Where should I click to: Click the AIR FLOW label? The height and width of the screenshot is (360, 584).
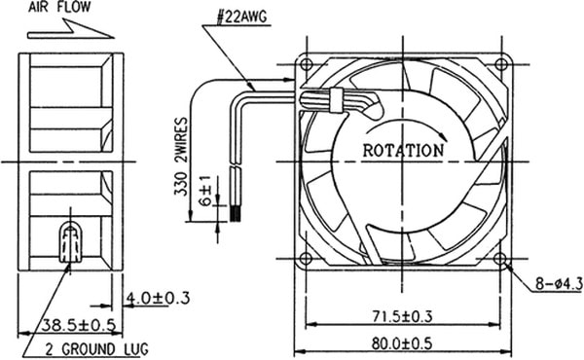pyautogui.click(x=59, y=7)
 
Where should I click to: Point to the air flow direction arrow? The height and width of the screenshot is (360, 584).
pyautogui.click(x=71, y=30)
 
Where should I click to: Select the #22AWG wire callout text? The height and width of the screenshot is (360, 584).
pyautogui.click(x=241, y=17)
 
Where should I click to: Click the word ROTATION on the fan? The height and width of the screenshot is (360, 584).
pyautogui.click(x=403, y=151)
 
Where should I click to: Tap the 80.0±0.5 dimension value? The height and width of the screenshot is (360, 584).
pyautogui.click(x=402, y=343)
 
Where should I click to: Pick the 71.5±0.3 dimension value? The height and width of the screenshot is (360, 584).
pyautogui.click(x=403, y=316)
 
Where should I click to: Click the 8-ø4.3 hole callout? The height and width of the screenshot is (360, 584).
pyautogui.click(x=559, y=284)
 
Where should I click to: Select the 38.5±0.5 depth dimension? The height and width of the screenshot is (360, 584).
pyautogui.click(x=78, y=325)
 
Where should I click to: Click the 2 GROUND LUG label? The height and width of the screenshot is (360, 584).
pyautogui.click(x=96, y=349)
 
